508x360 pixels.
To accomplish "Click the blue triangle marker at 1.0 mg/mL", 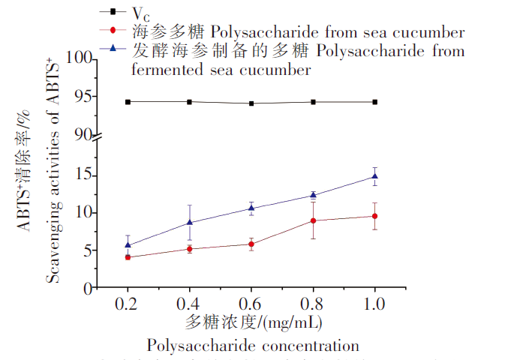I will point(374,176).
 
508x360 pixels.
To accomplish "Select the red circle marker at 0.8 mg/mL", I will point(313,220).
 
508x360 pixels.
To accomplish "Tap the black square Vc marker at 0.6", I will point(251,103).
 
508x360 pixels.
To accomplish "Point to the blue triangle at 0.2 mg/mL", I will point(128,244).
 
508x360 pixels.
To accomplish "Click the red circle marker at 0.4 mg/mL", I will point(189,249).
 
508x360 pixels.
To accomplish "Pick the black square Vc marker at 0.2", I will point(128,101).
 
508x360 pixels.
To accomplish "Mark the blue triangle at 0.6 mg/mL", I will point(251,208).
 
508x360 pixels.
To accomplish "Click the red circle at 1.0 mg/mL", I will point(374,216).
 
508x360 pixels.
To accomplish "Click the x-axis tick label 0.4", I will point(189,304).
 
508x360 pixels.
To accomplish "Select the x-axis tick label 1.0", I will point(374,304).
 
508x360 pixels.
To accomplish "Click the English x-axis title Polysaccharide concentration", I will point(253,346).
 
